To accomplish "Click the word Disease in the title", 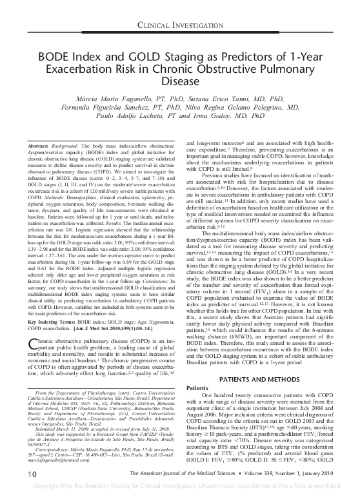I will pos(179,83).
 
